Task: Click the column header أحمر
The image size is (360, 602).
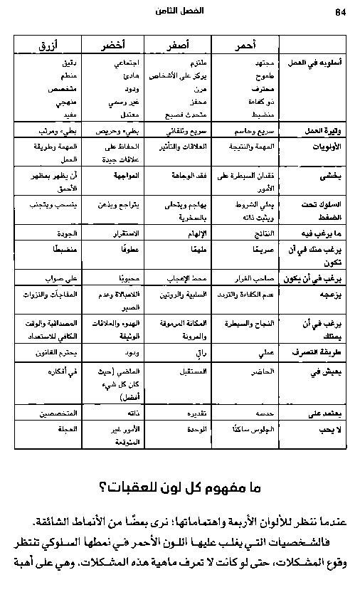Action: (x=244, y=45)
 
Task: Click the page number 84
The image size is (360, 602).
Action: (x=339, y=12)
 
